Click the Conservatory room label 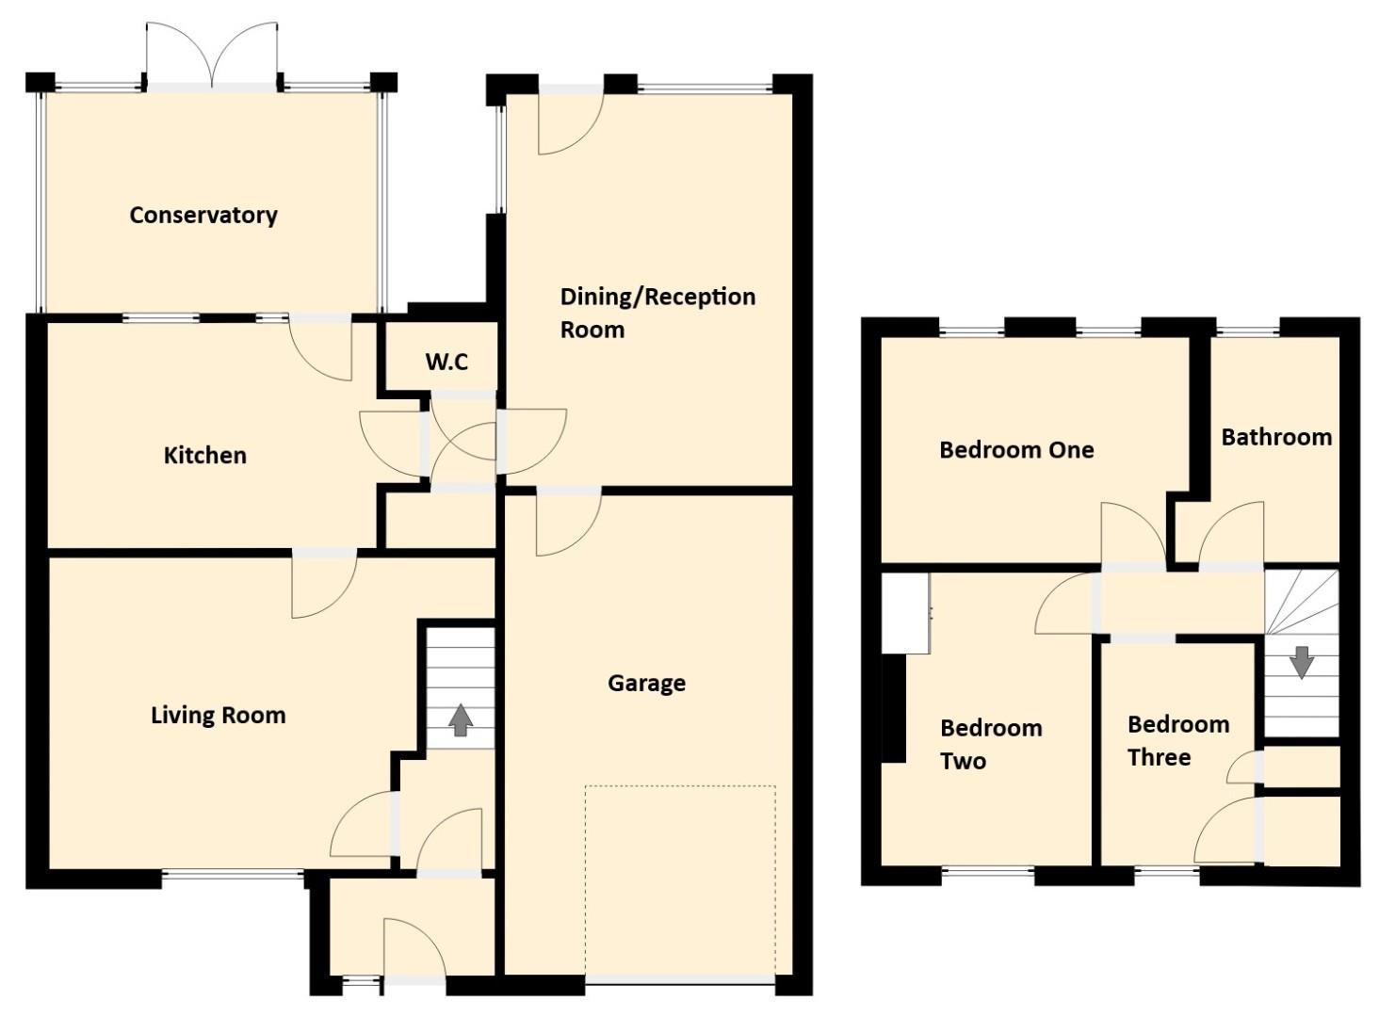pyautogui.click(x=203, y=215)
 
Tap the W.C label pyautogui.click(x=446, y=362)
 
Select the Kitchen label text pyautogui.click(x=205, y=456)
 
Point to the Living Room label pyautogui.click(x=219, y=716)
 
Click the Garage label pyautogui.click(x=646, y=683)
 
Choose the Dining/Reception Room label pyautogui.click(x=657, y=313)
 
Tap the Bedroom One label pyautogui.click(x=1016, y=450)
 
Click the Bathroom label pyautogui.click(x=1276, y=437)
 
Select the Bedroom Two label pyautogui.click(x=991, y=744)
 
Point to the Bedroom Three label pyautogui.click(x=1177, y=740)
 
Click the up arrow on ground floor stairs pyautogui.click(x=460, y=719)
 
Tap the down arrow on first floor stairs pyautogui.click(x=1301, y=661)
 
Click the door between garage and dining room pyautogui.click(x=568, y=521)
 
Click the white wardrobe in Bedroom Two pyautogui.click(x=906, y=613)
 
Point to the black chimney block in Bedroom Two pyautogui.click(x=893, y=707)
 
